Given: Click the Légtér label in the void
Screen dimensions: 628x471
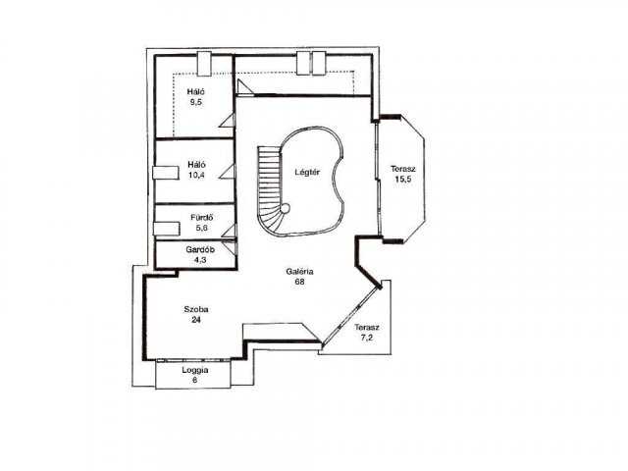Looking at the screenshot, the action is (307, 173).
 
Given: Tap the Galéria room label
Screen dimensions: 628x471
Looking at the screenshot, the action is (299, 272).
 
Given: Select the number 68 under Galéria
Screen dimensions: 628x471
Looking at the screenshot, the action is (299, 282).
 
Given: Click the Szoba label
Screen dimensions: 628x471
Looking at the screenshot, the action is (196, 309).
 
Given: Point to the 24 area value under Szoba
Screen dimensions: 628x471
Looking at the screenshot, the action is (196, 320).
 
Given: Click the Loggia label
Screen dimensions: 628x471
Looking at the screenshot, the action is (195, 370).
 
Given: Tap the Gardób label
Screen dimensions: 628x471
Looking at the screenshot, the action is (200, 249).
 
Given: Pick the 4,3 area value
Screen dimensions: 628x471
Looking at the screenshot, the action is (199, 259).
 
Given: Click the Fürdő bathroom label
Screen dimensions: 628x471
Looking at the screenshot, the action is (202, 218).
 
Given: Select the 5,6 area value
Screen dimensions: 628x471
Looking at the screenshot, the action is (202, 228).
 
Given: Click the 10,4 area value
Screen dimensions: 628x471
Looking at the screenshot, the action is (196, 175).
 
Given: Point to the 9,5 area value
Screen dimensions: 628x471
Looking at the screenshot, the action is (196, 102).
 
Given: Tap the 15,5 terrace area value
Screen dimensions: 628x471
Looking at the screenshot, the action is (403, 179).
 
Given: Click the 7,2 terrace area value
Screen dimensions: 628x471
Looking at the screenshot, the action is (366, 338).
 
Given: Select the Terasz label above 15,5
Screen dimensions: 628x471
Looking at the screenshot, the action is (403, 169).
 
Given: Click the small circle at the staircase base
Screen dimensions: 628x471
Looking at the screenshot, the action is (285, 208).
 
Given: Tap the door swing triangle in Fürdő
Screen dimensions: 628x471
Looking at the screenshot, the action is (231, 231).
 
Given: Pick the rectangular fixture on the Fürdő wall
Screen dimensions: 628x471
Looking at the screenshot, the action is (166, 229).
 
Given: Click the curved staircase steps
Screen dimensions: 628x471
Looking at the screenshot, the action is (269, 188).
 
